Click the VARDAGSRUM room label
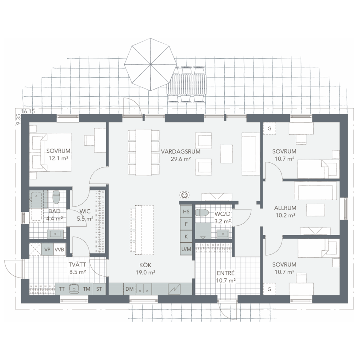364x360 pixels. [181, 151]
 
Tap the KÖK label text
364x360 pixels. [145, 265]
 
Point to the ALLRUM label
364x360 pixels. [285, 208]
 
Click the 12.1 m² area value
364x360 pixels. [58, 158]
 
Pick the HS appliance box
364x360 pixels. [186, 211]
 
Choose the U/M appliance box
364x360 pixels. [186, 249]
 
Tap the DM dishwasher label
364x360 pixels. [129, 289]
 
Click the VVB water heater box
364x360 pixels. [59, 249]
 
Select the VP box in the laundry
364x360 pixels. [47, 249]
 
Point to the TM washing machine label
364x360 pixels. [87, 289]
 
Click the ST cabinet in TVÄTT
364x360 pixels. [99, 289]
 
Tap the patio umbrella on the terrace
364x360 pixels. [150, 64]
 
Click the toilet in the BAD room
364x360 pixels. [56, 197]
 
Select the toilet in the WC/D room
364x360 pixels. [202, 213]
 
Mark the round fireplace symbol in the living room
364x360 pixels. [184, 195]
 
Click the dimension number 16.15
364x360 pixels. [28, 111]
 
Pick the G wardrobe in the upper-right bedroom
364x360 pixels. [269, 128]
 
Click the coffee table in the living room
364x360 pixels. [226, 154]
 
